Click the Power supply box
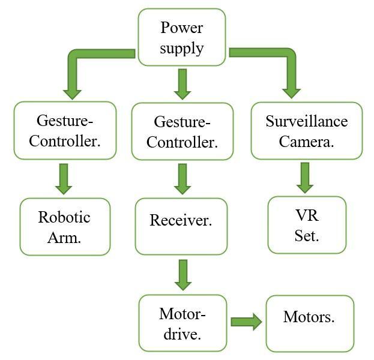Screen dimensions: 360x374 182,37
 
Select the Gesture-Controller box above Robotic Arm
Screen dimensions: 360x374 65,130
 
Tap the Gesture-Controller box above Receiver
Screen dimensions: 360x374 182,131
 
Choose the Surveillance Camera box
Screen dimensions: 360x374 306,131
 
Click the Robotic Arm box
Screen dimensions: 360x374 65,227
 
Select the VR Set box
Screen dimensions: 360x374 307,225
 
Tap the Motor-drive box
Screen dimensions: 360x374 182,323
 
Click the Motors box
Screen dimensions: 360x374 310,323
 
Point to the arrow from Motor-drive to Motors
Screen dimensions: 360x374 246,322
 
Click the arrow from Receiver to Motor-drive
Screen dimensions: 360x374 182,275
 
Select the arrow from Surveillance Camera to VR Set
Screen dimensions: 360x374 305,177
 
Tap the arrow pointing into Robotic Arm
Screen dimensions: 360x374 64,178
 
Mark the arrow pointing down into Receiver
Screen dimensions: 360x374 182,179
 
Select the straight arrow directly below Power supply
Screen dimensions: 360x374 182,83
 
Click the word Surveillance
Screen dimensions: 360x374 306,121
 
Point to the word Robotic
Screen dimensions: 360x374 64,217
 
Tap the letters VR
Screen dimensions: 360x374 307,216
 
